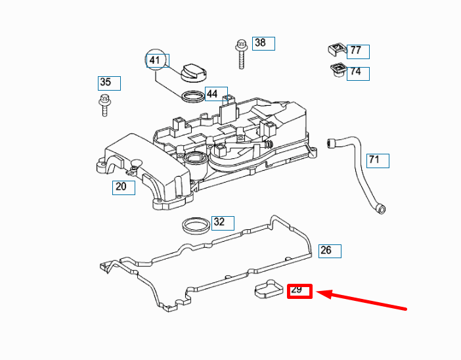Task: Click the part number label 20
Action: tap(123, 187)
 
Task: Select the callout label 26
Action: tap(329, 250)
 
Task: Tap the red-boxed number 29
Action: tap(299, 290)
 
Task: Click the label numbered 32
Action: tap(222, 222)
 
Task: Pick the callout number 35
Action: tap(108, 83)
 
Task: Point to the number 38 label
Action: tap(263, 43)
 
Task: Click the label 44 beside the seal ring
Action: tap(215, 94)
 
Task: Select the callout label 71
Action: tap(377, 160)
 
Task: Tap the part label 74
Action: tap(358, 72)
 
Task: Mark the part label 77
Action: tap(358, 51)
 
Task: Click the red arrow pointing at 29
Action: tap(364, 300)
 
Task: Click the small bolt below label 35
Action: tap(104, 104)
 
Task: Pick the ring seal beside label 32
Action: tap(196, 225)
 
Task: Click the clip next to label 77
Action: tap(336, 49)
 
